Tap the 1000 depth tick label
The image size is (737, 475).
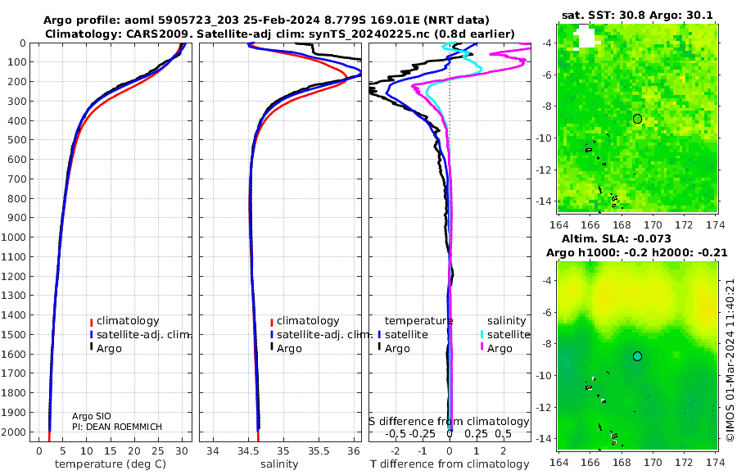coord(13,237)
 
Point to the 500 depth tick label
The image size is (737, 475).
coord(16,140)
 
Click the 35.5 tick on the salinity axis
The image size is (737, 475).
coord(319,451)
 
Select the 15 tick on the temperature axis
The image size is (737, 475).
coord(110,451)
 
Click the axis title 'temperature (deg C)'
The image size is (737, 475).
coord(111,464)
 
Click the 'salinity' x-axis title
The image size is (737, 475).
coord(279,464)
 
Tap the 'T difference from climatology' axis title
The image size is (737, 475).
coord(450,464)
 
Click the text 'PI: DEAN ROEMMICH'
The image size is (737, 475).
coord(117,427)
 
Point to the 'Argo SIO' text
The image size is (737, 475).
coord(92,416)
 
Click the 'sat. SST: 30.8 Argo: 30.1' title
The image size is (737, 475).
coord(637,15)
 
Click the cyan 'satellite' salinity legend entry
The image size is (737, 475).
coord(505,335)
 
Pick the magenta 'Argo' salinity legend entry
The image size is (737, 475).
coord(496,349)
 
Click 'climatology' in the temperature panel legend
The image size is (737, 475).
coord(124,321)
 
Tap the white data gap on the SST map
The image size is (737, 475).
coord(586,37)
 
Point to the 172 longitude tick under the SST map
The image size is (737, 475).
coord(684,225)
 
